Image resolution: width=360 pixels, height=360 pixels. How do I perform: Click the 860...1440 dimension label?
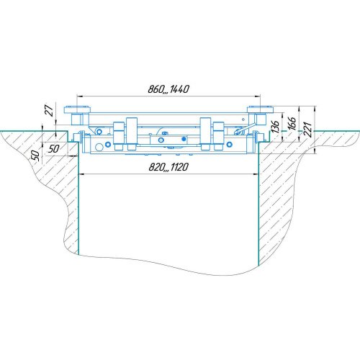(x=168, y=89)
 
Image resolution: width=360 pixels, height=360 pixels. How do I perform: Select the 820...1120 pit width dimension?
(x=168, y=167)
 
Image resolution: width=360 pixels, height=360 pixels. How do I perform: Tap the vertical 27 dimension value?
(x=50, y=110)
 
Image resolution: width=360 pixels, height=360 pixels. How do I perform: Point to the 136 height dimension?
(x=275, y=127)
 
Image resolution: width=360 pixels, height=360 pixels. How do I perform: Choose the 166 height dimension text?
(x=292, y=124)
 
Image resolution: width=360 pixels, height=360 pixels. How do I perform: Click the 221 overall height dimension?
(x=308, y=130)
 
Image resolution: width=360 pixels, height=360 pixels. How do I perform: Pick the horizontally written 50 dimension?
(x=53, y=149)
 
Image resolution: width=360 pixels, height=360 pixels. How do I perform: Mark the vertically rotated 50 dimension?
(x=35, y=156)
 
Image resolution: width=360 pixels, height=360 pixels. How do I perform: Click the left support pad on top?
(x=77, y=109)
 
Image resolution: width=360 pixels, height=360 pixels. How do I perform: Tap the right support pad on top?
(x=261, y=109)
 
